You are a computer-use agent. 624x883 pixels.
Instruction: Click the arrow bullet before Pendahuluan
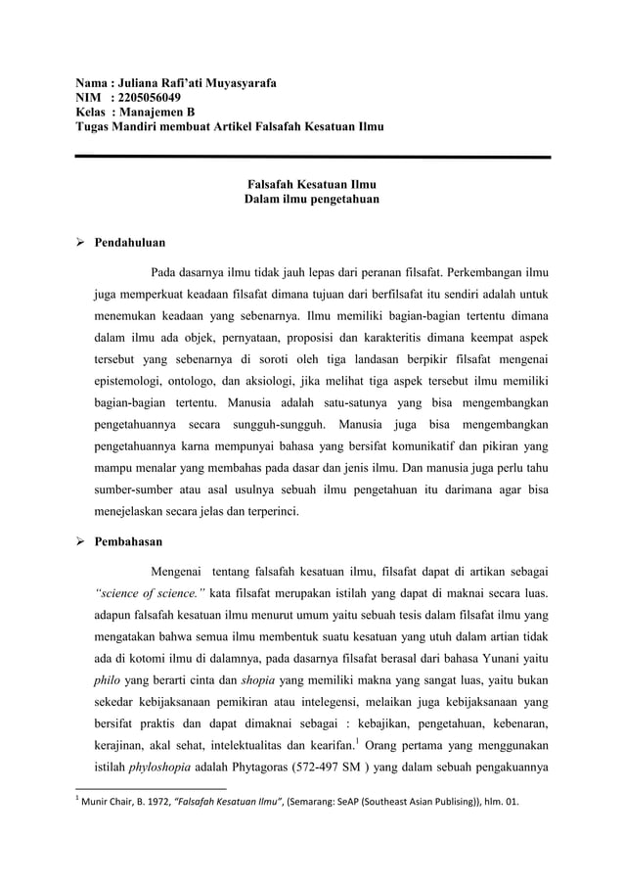click(83, 240)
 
